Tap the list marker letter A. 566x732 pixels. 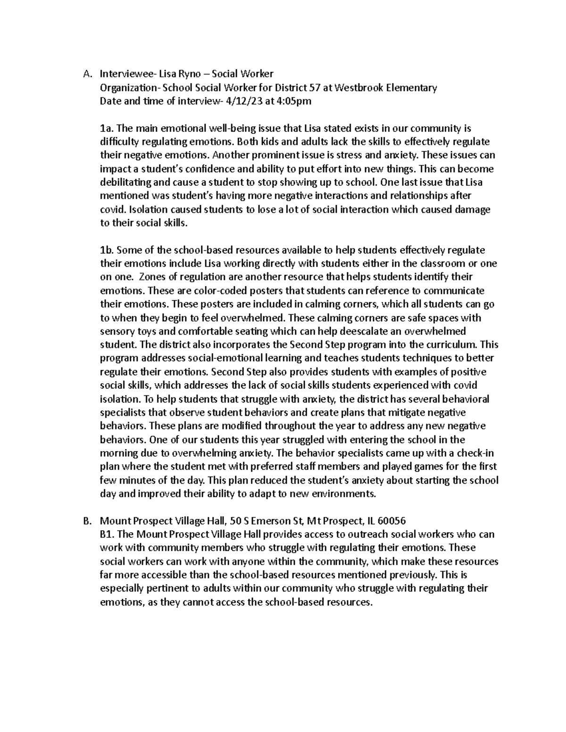[85, 74]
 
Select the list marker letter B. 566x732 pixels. [85, 521]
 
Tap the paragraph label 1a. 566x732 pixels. [107, 128]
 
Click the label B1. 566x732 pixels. [108, 535]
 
